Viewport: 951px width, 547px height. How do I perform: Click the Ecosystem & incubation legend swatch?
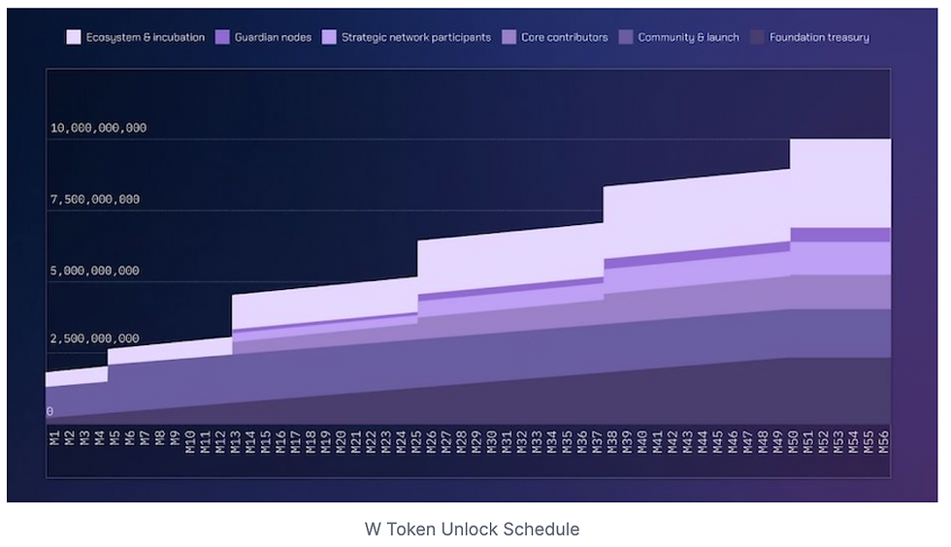point(74,38)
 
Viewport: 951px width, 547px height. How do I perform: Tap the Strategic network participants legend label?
point(415,38)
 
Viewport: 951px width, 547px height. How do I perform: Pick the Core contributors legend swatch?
point(509,38)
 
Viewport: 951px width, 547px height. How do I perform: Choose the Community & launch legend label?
point(688,38)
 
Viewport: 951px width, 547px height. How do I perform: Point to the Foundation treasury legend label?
point(819,38)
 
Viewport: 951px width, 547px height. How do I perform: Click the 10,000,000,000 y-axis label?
point(98,128)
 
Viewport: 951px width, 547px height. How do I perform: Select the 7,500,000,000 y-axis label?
point(95,200)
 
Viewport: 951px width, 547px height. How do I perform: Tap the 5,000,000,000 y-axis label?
point(95,271)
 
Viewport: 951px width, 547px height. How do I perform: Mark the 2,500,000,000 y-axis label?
point(95,338)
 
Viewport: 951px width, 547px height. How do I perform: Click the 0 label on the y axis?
point(49,411)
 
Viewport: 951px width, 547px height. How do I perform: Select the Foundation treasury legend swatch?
point(757,38)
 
